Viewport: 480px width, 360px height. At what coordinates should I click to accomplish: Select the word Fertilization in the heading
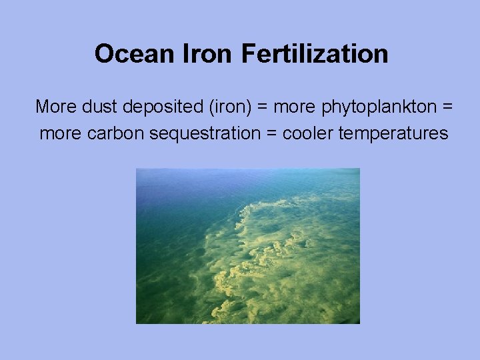pyautogui.click(x=315, y=53)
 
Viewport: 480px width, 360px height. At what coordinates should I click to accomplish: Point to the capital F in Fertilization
pyautogui.click(x=249, y=53)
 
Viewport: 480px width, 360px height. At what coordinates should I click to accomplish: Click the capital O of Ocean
pyautogui.click(x=103, y=53)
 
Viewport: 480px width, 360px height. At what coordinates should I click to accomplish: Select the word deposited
pyautogui.click(x=159, y=107)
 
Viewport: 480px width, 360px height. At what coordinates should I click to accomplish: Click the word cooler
pyautogui.click(x=308, y=133)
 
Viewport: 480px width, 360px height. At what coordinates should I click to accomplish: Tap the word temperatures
pyautogui.click(x=393, y=134)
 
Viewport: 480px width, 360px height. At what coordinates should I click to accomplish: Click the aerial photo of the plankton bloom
pyautogui.click(x=248, y=246)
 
